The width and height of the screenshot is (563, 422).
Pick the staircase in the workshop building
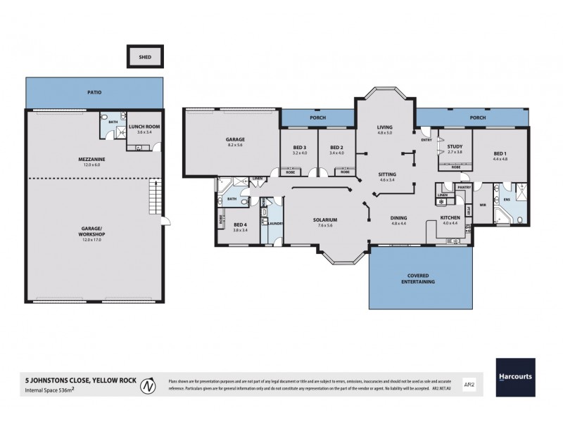[153, 198]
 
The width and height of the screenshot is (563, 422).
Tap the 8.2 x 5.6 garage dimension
[234, 144]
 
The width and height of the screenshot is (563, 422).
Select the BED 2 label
[336, 148]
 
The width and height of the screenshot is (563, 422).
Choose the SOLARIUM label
[326, 219]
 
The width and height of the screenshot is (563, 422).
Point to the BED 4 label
[241, 224]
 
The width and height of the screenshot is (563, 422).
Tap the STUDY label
[454, 147]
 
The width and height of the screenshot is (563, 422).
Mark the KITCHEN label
[450, 218]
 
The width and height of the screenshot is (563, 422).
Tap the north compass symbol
[146, 385]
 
